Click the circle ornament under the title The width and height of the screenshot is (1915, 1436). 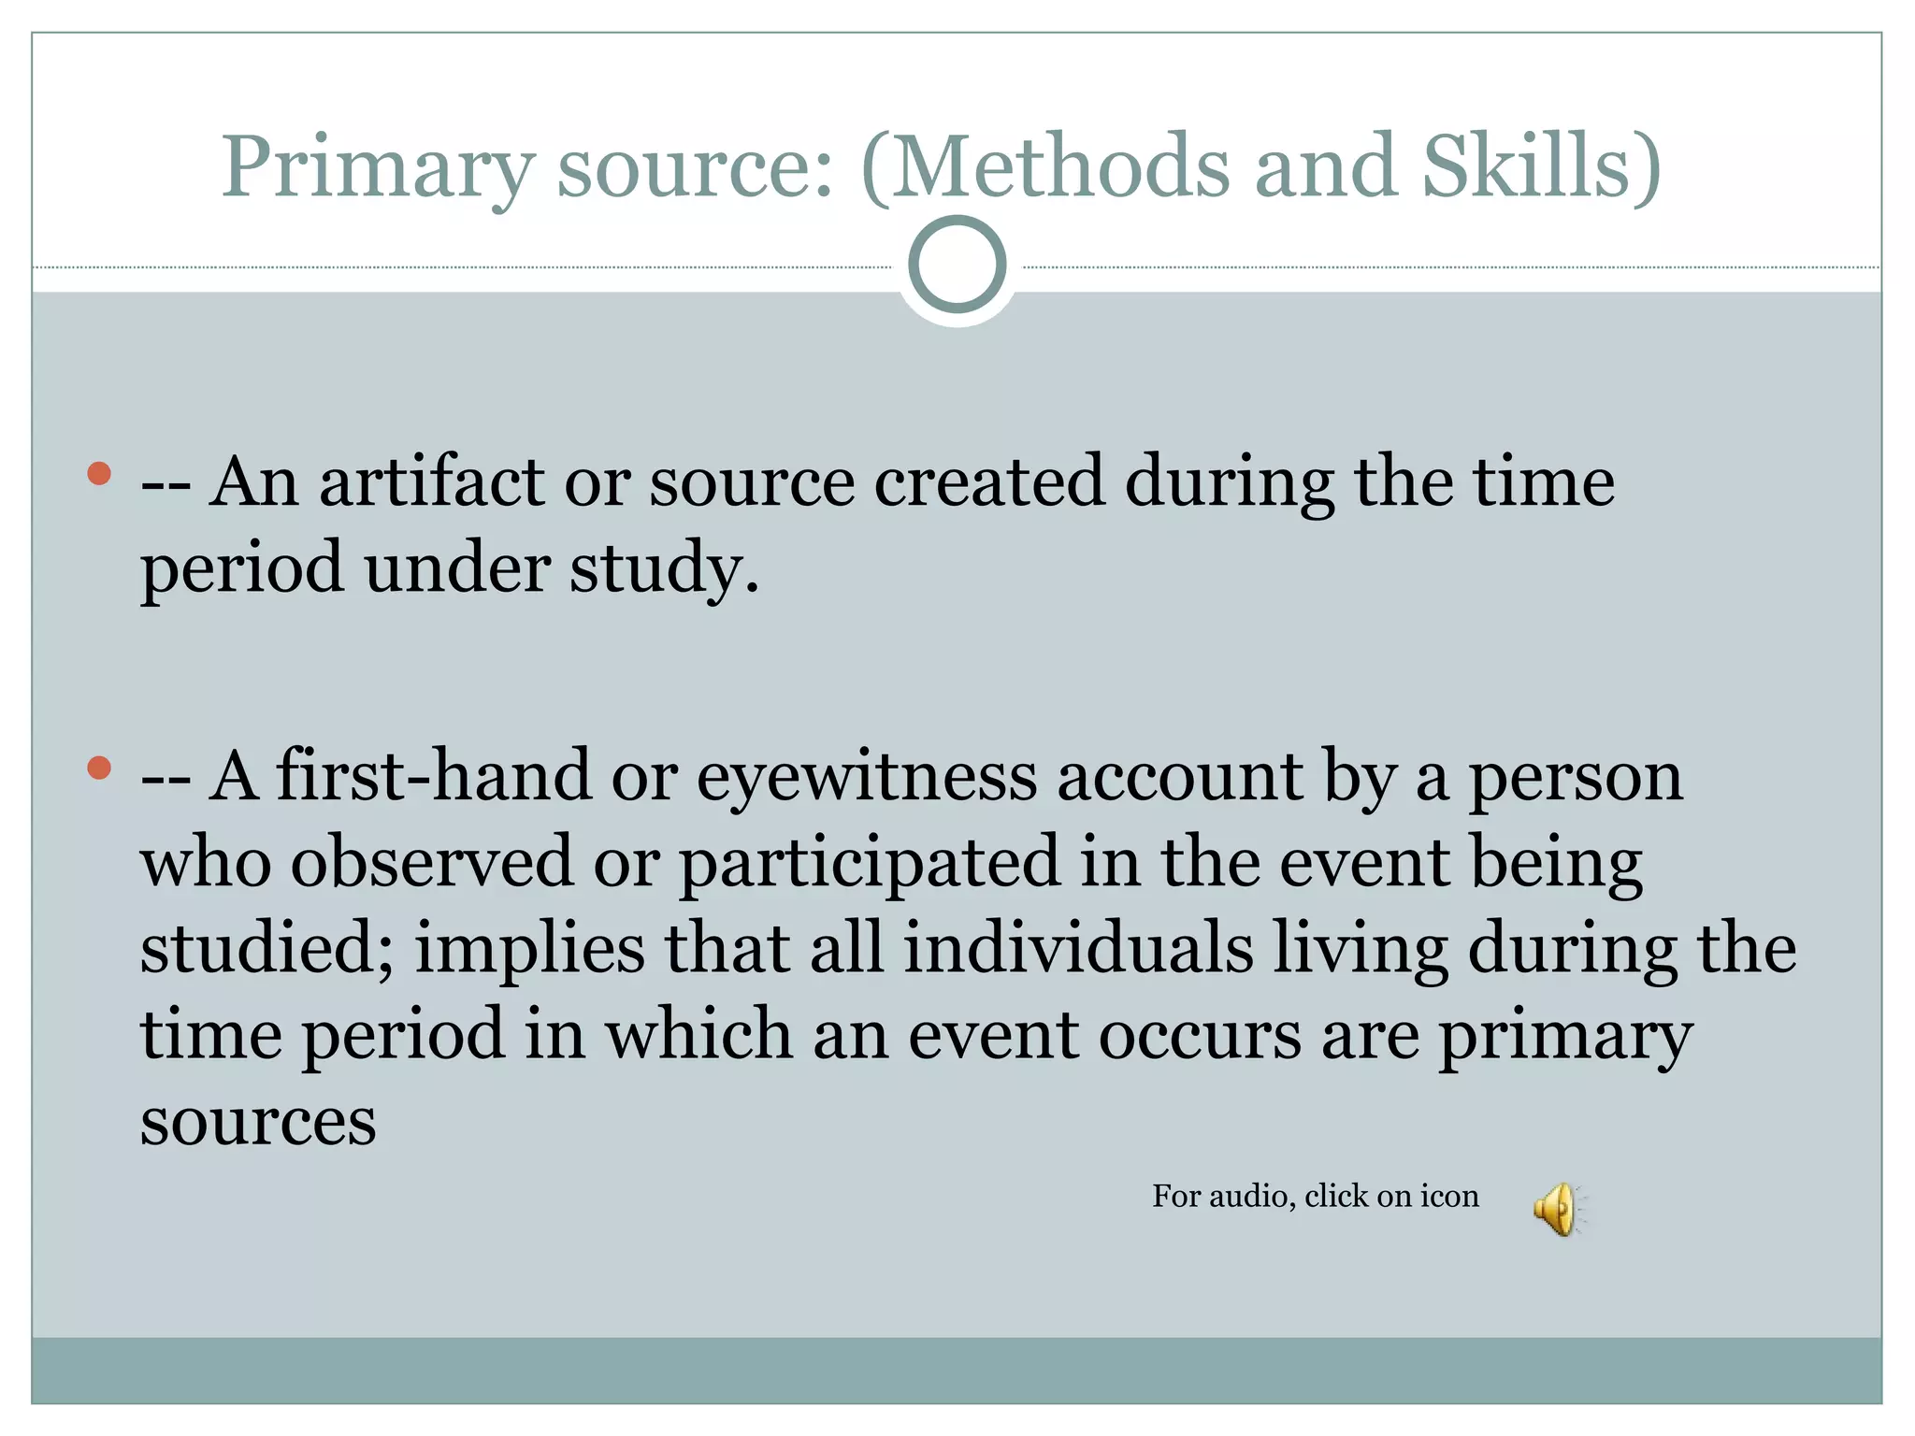click(x=957, y=265)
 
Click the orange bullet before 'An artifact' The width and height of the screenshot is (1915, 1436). click(x=99, y=474)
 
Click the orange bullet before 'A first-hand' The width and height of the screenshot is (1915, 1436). click(x=99, y=768)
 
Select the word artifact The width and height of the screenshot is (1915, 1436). click(x=431, y=482)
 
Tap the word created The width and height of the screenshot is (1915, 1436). click(x=988, y=482)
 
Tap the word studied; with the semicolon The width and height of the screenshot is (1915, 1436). click(x=266, y=949)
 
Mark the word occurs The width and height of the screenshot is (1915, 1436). click(x=1200, y=1036)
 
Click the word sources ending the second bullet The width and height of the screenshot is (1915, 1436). click(x=258, y=1121)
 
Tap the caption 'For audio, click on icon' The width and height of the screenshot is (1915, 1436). click(x=1315, y=1197)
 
